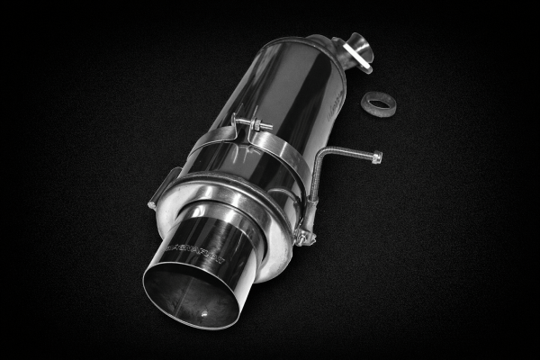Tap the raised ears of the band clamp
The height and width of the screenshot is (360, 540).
coord(239,126)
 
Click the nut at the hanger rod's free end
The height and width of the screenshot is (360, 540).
coord(376,157)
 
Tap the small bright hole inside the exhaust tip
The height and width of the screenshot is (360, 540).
coord(210,313)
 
